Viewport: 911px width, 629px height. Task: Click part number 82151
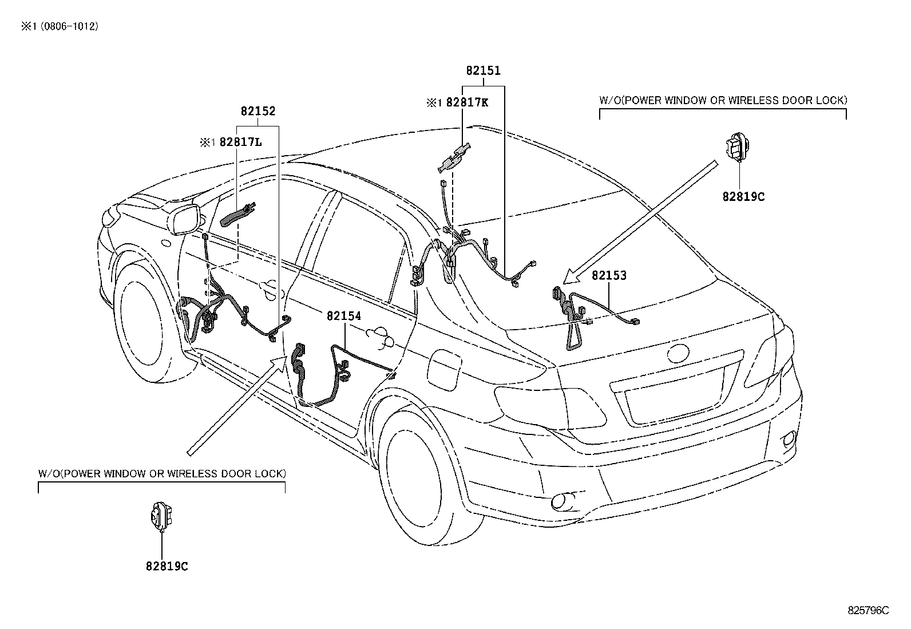[483, 70]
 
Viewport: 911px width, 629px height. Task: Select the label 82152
[258, 110]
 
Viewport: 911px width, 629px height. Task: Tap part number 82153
[609, 275]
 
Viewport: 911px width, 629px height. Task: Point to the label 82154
[344, 316]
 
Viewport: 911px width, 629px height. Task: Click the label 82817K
[467, 102]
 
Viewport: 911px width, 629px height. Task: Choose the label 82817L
[240, 142]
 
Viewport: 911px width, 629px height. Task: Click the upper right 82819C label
[743, 197]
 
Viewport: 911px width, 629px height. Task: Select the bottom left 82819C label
[167, 567]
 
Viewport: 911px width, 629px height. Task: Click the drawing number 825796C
[868, 610]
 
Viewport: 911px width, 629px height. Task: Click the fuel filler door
[445, 368]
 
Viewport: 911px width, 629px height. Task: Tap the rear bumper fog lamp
[563, 503]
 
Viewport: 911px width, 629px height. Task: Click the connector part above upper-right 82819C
[738, 147]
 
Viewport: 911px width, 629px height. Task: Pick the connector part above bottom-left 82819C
[161, 516]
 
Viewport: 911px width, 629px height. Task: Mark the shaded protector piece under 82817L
[237, 215]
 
